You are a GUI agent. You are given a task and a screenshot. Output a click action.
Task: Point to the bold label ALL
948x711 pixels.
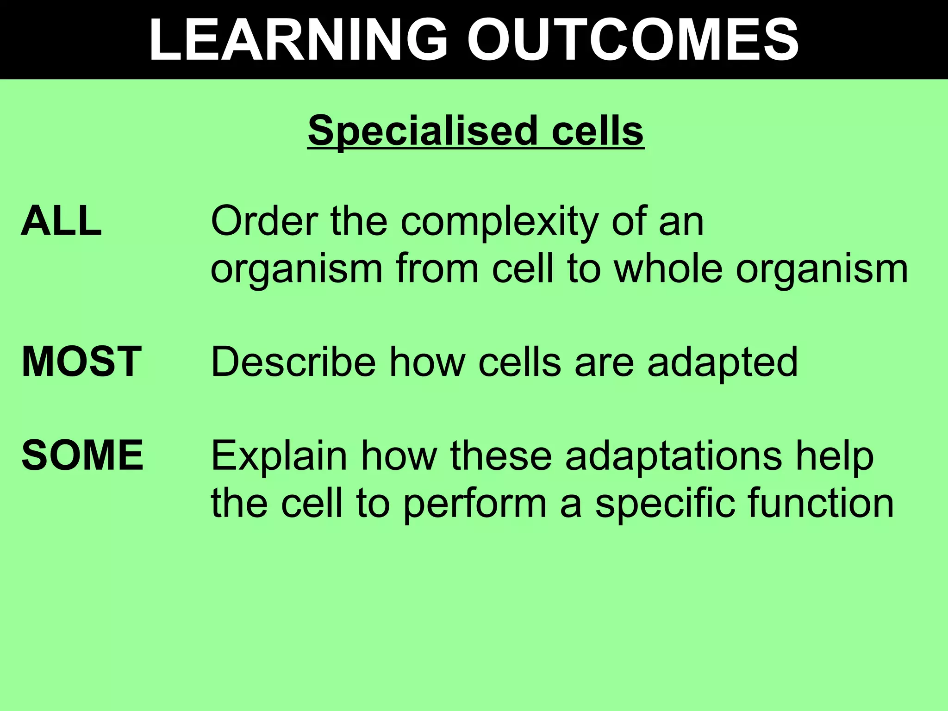pyautogui.click(x=61, y=221)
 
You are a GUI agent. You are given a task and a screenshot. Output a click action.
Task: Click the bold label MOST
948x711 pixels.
pyautogui.click(x=81, y=362)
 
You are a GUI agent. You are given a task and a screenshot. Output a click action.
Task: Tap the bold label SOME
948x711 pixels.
pyautogui.click(x=82, y=456)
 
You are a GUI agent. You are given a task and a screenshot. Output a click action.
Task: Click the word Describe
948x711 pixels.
pyautogui.click(x=293, y=362)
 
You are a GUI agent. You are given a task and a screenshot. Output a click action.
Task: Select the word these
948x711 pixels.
pyautogui.click(x=501, y=456)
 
